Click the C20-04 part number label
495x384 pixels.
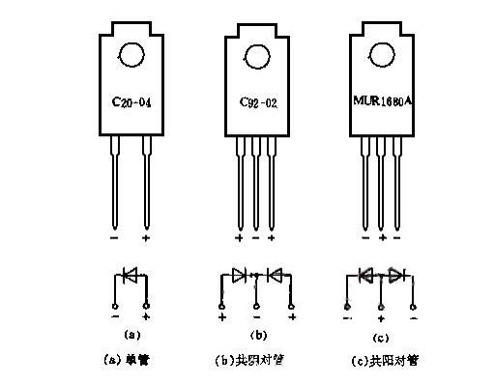click(132, 99)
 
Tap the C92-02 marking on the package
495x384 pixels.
click(256, 99)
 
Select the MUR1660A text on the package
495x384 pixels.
click(382, 98)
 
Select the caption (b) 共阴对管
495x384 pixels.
click(256, 359)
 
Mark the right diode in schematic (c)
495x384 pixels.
click(394, 274)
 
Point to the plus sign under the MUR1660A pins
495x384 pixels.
click(382, 236)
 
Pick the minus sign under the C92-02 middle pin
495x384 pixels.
click(256, 236)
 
